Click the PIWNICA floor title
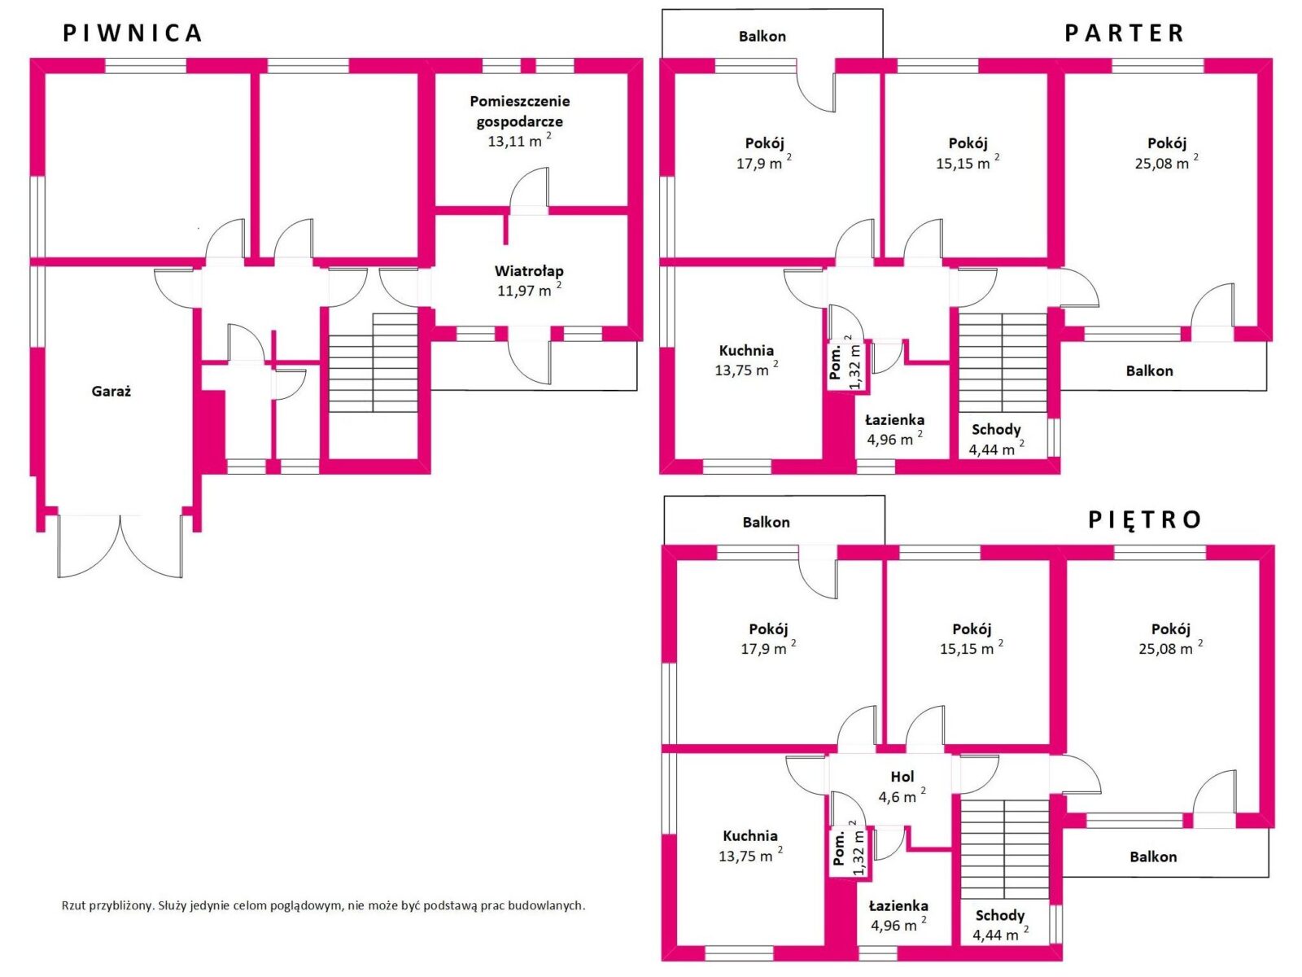(133, 33)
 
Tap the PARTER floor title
(1124, 33)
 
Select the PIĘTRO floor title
(1144, 519)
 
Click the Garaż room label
(111, 392)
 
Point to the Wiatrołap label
(529, 271)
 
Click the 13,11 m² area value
(520, 141)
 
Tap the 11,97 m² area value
(529, 290)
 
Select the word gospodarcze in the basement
(520, 121)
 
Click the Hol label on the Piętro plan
(902, 777)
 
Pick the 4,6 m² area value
(902, 796)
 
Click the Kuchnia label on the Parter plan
(746, 350)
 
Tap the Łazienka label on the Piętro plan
(898, 906)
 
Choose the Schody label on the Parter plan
(996, 430)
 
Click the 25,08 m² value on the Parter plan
(1167, 163)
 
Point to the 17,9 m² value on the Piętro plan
(768, 648)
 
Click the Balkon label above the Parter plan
(762, 36)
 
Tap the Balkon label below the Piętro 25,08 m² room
(1153, 857)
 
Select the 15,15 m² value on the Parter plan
(968, 163)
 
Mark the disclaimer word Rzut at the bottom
(73, 906)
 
